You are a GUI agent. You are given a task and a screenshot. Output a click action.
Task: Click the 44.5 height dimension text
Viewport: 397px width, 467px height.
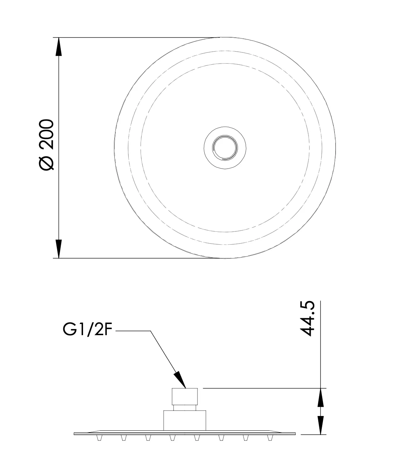(307, 319)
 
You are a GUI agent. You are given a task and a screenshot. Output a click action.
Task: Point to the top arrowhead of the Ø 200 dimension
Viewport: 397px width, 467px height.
(59, 47)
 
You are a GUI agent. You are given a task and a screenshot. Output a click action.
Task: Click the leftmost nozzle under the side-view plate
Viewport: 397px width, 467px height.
(99, 438)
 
